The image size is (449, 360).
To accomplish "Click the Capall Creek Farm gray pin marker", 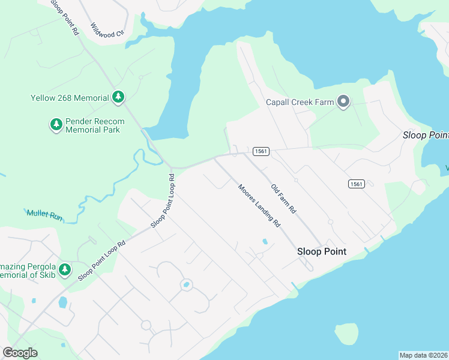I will point(343,102).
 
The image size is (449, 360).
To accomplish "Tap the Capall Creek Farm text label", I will point(300,102).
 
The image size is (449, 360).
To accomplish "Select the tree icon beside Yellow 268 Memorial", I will point(119,97).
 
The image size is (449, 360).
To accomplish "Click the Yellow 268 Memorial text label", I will point(70,98).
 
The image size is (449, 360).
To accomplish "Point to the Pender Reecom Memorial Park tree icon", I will point(56,125).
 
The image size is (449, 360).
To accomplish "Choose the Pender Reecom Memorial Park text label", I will point(94,125).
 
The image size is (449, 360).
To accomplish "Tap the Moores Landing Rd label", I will point(259,205).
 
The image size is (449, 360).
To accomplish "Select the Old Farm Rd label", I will point(283,199).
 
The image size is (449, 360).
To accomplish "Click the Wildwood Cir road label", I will point(106,30).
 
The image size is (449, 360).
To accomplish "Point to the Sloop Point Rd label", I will point(64,17).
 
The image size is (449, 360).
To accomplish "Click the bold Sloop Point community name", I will point(322,252).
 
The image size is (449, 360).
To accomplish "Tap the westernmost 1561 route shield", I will point(260,151).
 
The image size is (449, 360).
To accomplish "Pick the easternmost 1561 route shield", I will point(356,184).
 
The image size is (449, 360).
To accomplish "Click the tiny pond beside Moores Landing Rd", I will point(265,242).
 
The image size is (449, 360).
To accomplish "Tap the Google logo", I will point(20,353).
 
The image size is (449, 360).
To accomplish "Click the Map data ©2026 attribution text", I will point(423,355).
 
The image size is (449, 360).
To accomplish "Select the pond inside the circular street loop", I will point(186,284).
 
